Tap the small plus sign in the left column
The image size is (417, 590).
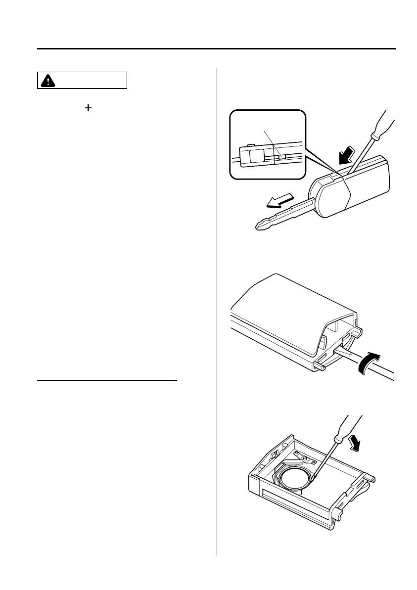[88, 108]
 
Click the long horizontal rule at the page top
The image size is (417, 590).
[217, 48]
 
